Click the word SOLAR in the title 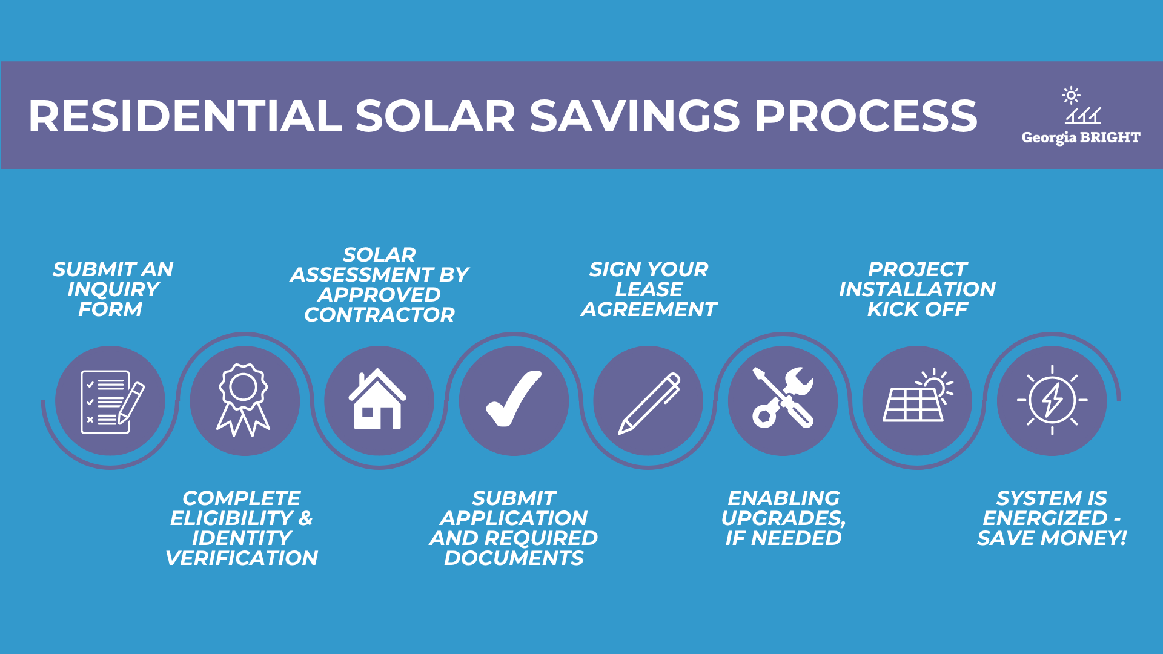[x=435, y=116]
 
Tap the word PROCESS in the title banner [x=866, y=116]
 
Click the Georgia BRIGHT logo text [x=1081, y=137]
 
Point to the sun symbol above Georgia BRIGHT [x=1071, y=95]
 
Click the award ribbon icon [x=244, y=400]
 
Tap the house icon [x=377, y=398]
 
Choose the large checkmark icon [x=514, y=398]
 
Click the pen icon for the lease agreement [x=649, y=403]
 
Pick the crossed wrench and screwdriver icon [x=783, y=398]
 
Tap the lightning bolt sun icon [x=1052, y=400]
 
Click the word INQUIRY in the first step [x=113, y=289]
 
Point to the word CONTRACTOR [x=379, y=314]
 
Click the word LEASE [x=649, y=289]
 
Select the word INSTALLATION [x=917, y=289]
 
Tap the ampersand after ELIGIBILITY [x=305, y=518]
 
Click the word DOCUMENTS [x=514, y=558]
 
